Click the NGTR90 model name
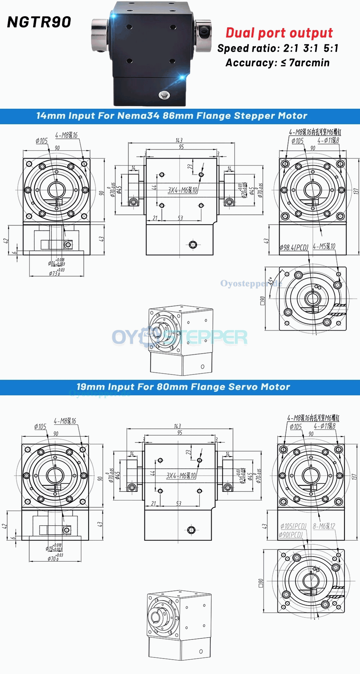[39, 22]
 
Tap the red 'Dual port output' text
[279, 33]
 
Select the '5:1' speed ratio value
[330, 48]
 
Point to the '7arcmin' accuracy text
[309, 63]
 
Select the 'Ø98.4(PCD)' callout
[294, 248]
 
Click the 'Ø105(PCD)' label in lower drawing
[293, 526]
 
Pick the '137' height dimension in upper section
[356, 191]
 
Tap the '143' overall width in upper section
[179, 140]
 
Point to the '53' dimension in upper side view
[180, 218]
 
